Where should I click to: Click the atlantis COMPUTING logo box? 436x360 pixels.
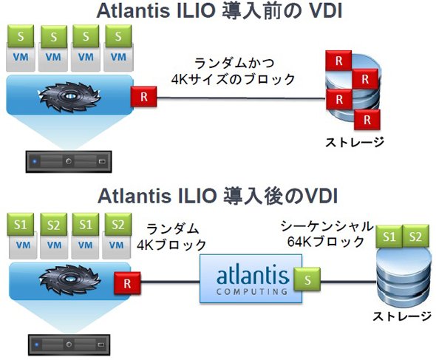coord(251,279)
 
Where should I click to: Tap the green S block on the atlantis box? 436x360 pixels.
coord(307,279)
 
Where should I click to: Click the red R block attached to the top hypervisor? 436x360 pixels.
coord(144,97)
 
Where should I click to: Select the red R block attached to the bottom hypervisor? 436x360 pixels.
coord(127,283)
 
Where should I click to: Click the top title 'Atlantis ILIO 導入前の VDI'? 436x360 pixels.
coord(219,11)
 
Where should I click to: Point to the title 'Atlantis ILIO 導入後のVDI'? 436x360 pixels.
coord(218,196)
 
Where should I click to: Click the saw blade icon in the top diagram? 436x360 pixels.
coord(69,97)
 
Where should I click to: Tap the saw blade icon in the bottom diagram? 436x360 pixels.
coord(69,280)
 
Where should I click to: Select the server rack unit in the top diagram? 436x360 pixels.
coord(69,162)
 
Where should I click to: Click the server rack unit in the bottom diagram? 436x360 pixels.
coord(69,345)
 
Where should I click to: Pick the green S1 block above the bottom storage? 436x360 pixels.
coord(389,237)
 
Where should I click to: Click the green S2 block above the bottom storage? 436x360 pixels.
coord(415,237)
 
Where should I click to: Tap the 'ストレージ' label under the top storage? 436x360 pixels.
coord(355,142)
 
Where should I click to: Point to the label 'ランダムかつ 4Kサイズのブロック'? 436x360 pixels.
coord(233,71)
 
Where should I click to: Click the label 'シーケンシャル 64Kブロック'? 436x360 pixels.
coord(327,234)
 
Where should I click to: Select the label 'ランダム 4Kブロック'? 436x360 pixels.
coord(171,237)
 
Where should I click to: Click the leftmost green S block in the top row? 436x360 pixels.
coord(21,36)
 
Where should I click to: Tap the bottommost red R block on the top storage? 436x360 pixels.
coord(367,120)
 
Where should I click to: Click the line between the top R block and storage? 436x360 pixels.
coord(241,98)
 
